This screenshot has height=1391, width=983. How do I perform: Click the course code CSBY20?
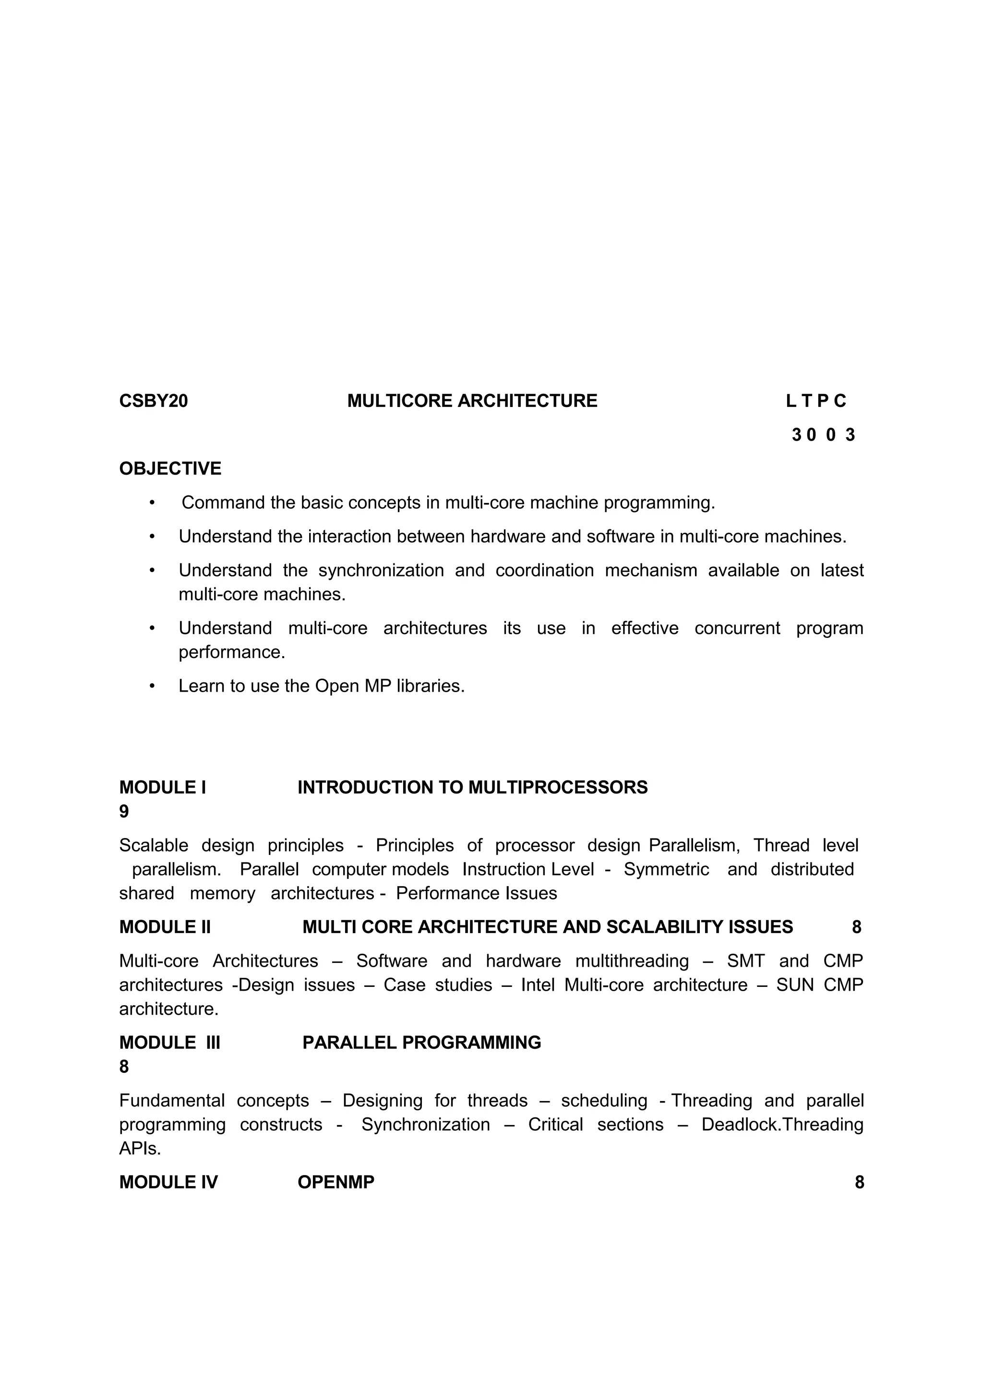tap(153, 401)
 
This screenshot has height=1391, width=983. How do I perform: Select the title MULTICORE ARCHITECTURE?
tap(472, 401)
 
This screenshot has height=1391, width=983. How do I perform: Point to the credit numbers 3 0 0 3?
tap(823, 435)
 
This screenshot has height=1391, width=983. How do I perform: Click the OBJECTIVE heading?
tap(170, 469)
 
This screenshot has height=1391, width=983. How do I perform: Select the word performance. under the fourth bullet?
tap(231, 652)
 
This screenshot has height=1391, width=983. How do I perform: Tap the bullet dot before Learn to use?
tap(153, 686)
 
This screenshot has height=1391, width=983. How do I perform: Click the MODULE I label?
tap(162, 788)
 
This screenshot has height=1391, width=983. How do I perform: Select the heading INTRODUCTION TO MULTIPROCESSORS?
tap(472, 788)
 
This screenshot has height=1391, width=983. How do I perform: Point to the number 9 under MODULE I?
tap(124, 812)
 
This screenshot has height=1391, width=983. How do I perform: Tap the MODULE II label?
tap(165, 927)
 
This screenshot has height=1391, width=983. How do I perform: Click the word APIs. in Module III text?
tap(140, 1149)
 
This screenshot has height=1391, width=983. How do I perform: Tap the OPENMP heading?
tap(336, 1183)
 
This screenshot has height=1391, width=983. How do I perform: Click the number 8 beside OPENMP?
tap(859, 1183)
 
